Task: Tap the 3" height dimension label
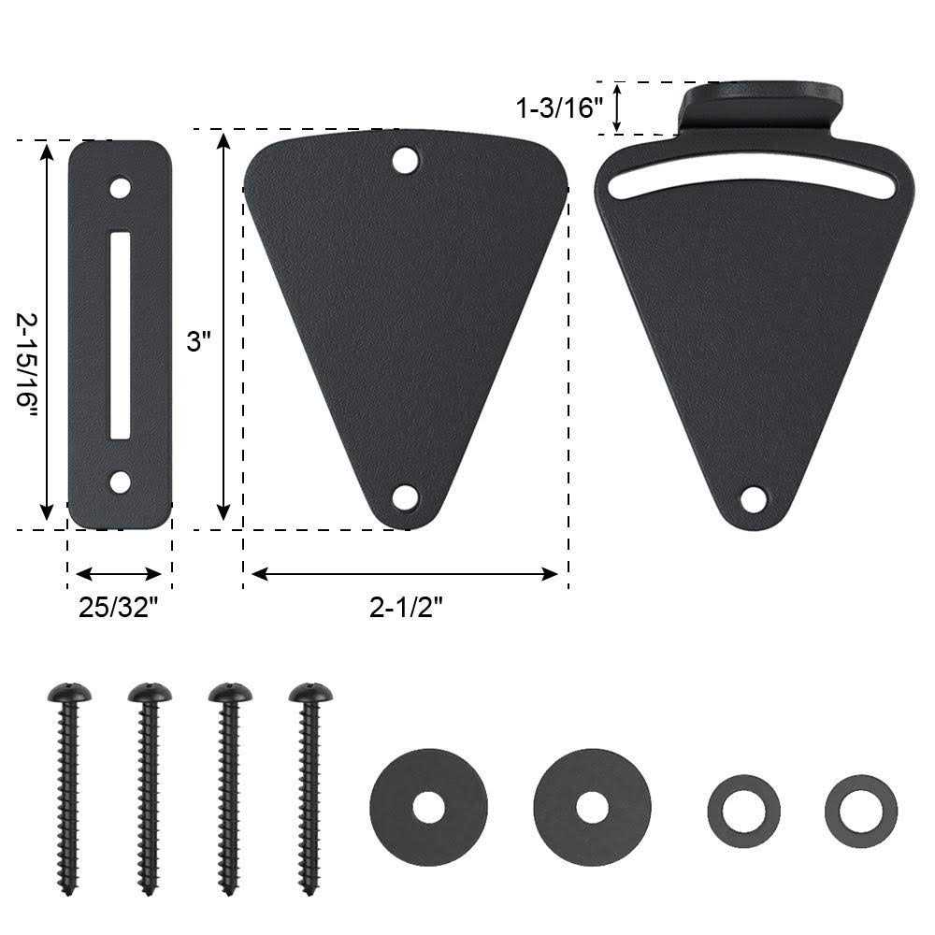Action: [194, 342]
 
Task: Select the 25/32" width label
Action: [118, 609]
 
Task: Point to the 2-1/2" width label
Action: [405, 609]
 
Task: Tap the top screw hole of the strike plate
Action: [120, 188]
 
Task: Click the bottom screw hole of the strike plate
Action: [120, 482]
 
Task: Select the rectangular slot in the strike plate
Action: [120, 335]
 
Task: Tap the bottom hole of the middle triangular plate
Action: [405, 496]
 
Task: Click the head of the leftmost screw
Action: [69, 693]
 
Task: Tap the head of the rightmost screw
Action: [310, 693]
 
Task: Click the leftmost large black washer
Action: [428, 807]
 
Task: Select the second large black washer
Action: [592, 807]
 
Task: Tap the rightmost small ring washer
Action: [860, 811]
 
